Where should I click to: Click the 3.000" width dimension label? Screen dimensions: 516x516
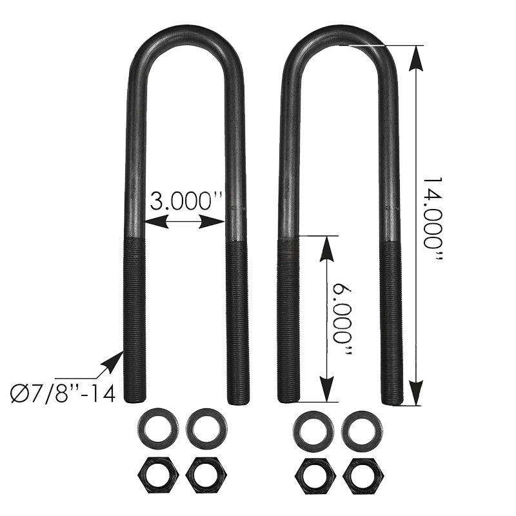186,201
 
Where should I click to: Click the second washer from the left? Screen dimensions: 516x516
206,428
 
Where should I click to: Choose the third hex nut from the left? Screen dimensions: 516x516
312,476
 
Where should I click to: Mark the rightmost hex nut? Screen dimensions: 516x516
362,476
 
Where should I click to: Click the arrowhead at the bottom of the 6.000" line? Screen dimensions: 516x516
327,391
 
